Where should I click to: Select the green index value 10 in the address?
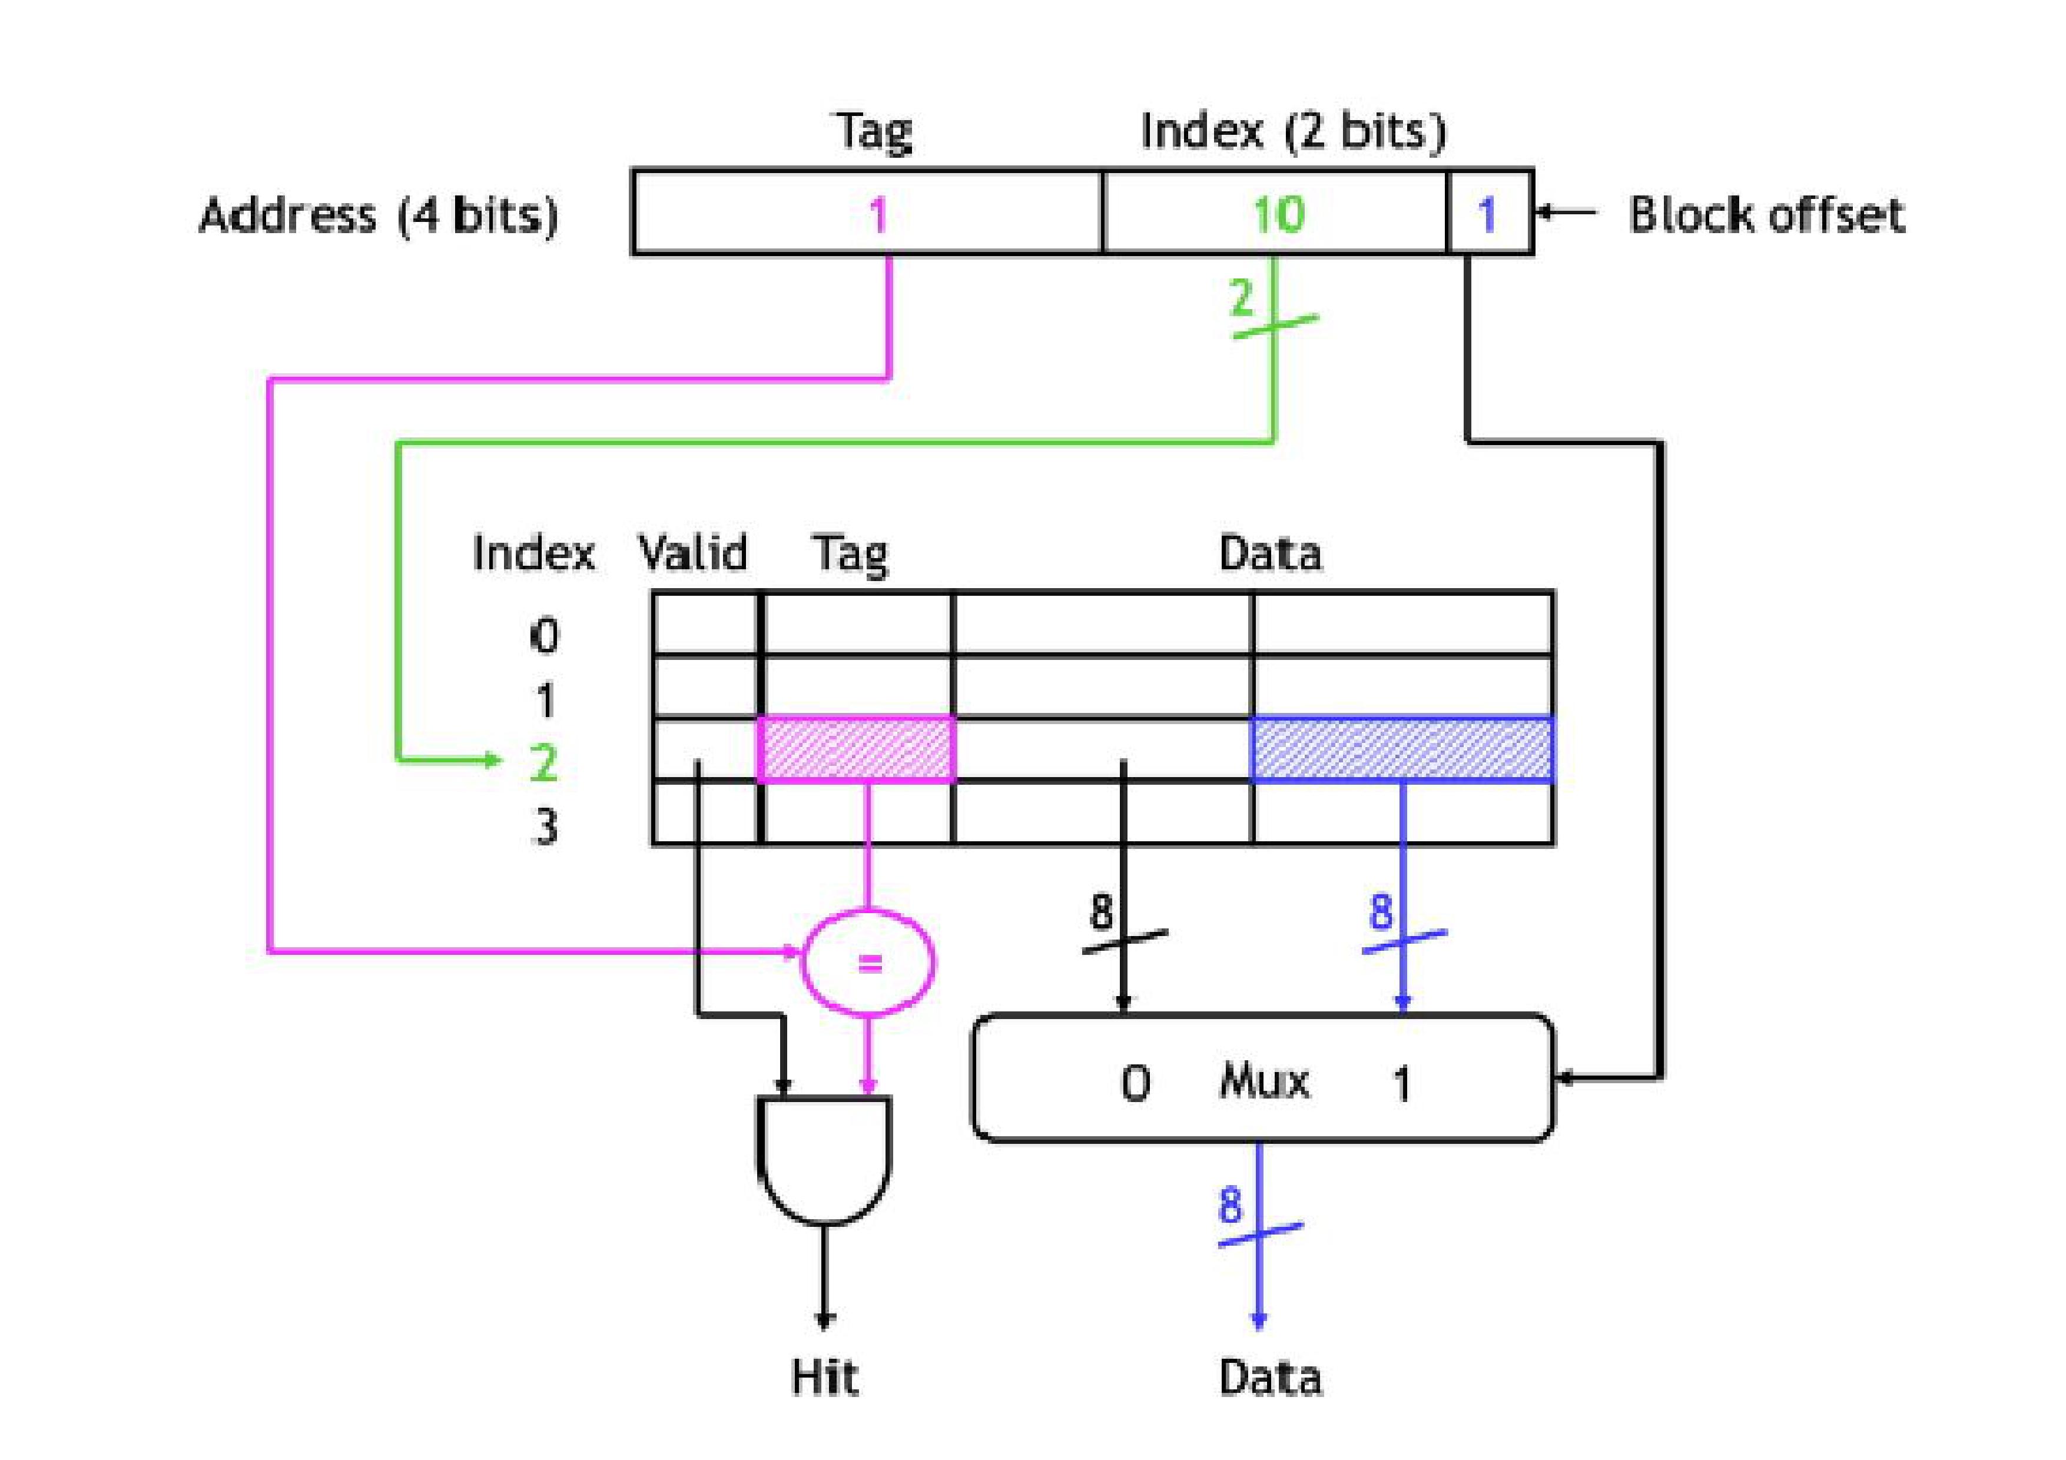click(x=1278, y=214)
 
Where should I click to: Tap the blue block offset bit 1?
click(x=1487, y=214)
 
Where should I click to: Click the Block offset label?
click(x=1766, y=215)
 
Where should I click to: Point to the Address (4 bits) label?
click(x=378, y=215)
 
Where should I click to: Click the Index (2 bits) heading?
click(x=1292, y=131)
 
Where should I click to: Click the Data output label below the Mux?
click(x=1269, y=1377)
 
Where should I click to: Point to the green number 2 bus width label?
click(x=1242, y=297)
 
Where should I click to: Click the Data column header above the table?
click(x=1269, y=552)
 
